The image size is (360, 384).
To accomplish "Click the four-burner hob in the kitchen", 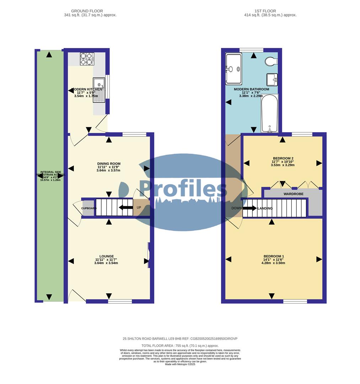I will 87,59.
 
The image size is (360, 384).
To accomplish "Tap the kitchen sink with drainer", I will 99,90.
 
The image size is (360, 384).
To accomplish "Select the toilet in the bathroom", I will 271,62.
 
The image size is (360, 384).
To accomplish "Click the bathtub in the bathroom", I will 269,113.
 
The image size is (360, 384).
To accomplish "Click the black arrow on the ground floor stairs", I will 125,208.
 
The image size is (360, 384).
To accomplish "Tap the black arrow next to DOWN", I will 249,208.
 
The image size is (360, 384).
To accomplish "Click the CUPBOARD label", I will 89,208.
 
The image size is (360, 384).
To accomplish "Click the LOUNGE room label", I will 107,256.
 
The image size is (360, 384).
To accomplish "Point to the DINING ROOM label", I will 108,164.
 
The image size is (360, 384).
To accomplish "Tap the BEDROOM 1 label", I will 274,256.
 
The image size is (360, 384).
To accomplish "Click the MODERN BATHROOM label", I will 251,89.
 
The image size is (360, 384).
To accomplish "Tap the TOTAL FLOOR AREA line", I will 180,346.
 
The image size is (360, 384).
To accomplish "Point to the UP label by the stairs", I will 139,207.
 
